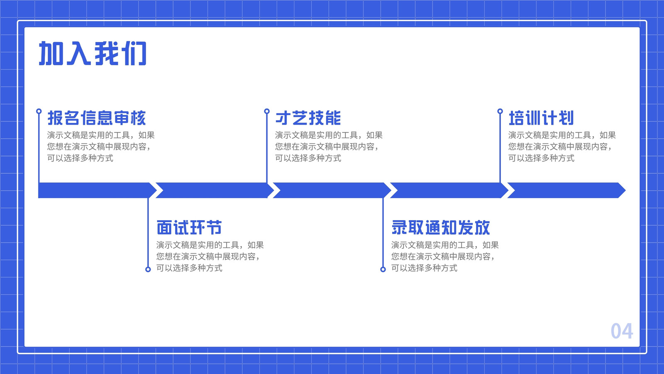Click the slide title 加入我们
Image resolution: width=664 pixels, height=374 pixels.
(93, 54)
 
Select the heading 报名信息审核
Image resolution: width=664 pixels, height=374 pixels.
(97, 118)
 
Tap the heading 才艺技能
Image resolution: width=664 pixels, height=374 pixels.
(308, 118)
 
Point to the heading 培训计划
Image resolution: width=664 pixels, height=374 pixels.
(541, 118)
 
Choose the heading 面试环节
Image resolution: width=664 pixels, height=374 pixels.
(189, 228)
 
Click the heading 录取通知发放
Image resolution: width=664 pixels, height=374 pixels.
(440, 228)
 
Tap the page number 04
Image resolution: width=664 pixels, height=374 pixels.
(622, 331)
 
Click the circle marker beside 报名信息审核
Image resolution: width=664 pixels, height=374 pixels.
(39, 111)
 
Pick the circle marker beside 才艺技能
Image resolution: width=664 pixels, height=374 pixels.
(267, 111)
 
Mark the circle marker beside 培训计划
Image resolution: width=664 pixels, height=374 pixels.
(500, 111)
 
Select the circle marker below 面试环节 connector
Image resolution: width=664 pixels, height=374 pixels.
(148, 269)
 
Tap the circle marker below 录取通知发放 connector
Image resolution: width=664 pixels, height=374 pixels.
(383, 269)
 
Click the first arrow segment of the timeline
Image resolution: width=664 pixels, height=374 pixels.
(95, 190)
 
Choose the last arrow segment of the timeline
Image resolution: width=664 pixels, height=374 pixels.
(566, 190)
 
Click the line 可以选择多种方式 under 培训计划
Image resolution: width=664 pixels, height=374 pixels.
(541, 158)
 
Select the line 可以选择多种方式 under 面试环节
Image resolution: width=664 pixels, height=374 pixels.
(189, 268)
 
